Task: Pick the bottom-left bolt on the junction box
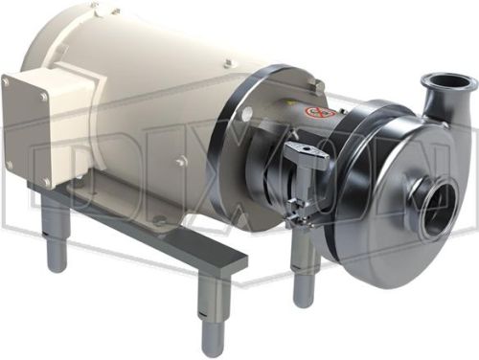pos(10,165)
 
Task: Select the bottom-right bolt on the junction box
pos(47,182)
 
